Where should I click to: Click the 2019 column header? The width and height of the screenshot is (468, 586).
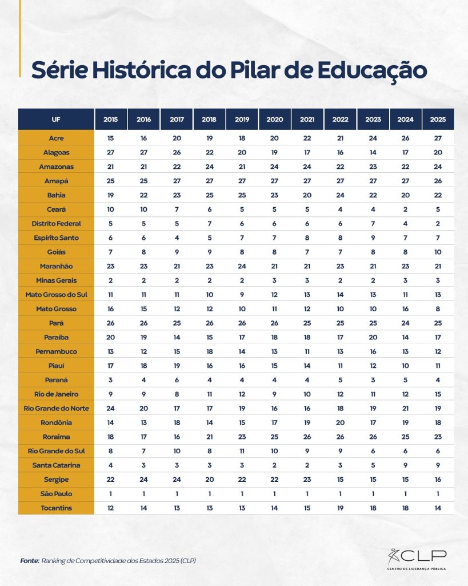242,119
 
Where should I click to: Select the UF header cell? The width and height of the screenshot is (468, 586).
56,119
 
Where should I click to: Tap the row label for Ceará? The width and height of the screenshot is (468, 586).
56,209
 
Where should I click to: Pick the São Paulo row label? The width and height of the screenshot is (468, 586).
56,494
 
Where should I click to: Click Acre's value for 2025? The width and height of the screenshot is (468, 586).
438,138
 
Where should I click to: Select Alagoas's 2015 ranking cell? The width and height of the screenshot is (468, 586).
110,152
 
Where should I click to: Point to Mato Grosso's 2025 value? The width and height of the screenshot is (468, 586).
438,309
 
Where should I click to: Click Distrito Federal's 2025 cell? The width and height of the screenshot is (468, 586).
438,224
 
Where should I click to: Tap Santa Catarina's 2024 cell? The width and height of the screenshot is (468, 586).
405,465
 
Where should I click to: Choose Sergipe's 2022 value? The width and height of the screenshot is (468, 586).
340,480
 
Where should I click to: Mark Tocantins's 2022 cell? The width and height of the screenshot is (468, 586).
340,508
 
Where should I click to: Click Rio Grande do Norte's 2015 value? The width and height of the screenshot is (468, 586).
110,409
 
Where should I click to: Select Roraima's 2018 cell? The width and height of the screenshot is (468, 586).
209,437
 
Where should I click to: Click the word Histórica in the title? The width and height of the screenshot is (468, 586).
142,69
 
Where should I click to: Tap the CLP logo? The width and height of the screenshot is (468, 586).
417,559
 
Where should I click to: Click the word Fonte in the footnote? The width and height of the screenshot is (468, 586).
30,561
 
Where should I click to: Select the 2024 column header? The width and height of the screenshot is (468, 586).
405,119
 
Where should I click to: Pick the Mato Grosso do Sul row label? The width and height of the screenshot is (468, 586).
56,295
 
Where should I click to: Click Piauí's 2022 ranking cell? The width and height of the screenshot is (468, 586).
340,366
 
